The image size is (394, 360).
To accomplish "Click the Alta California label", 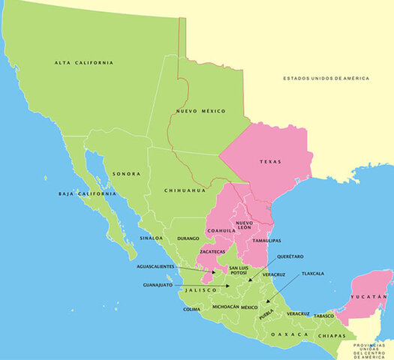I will click(x=83, y=62).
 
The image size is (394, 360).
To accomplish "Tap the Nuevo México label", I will click(x=201, y=111).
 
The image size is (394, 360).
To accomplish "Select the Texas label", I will click(x=270, y=161).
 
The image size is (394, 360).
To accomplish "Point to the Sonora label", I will click(x=126, y=174).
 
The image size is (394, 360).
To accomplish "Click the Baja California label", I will click(x=87, y=193).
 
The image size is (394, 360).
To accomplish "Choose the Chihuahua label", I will click(x=185, y=190).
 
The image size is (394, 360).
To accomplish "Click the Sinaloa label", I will click(x=150, y=238).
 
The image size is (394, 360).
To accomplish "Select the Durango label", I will click(x=188, y=238).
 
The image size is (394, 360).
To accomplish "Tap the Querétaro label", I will click(x=290, y=256).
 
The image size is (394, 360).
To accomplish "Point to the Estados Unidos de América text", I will click(x=335, y=77).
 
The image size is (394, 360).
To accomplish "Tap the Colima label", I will click(x=191, y=309).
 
